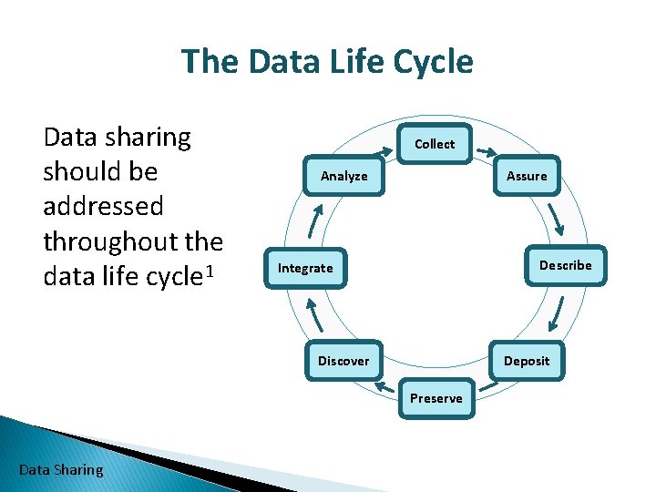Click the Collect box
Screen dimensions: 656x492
(435, 144)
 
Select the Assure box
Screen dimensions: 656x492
(527, 176)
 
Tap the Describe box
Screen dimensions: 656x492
(565, 265)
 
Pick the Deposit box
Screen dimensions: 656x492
(527, 361)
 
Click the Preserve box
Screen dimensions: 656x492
(436, 398)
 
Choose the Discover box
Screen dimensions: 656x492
(343, 361)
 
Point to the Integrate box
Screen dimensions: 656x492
(305, 268)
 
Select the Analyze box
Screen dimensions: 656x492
(343, 176)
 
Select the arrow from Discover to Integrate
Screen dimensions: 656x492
(315, 315)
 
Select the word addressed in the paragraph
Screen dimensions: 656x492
(103, 206)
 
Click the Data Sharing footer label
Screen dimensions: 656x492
(61, 470)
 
